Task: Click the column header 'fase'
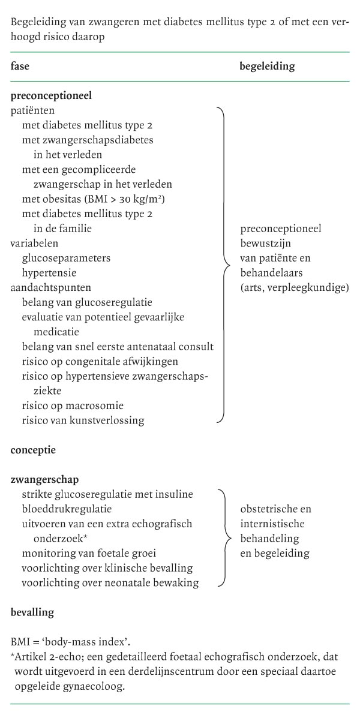20,67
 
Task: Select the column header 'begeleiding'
267,67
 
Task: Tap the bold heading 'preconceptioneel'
51,95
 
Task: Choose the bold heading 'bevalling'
32,612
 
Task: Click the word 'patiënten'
31,111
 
